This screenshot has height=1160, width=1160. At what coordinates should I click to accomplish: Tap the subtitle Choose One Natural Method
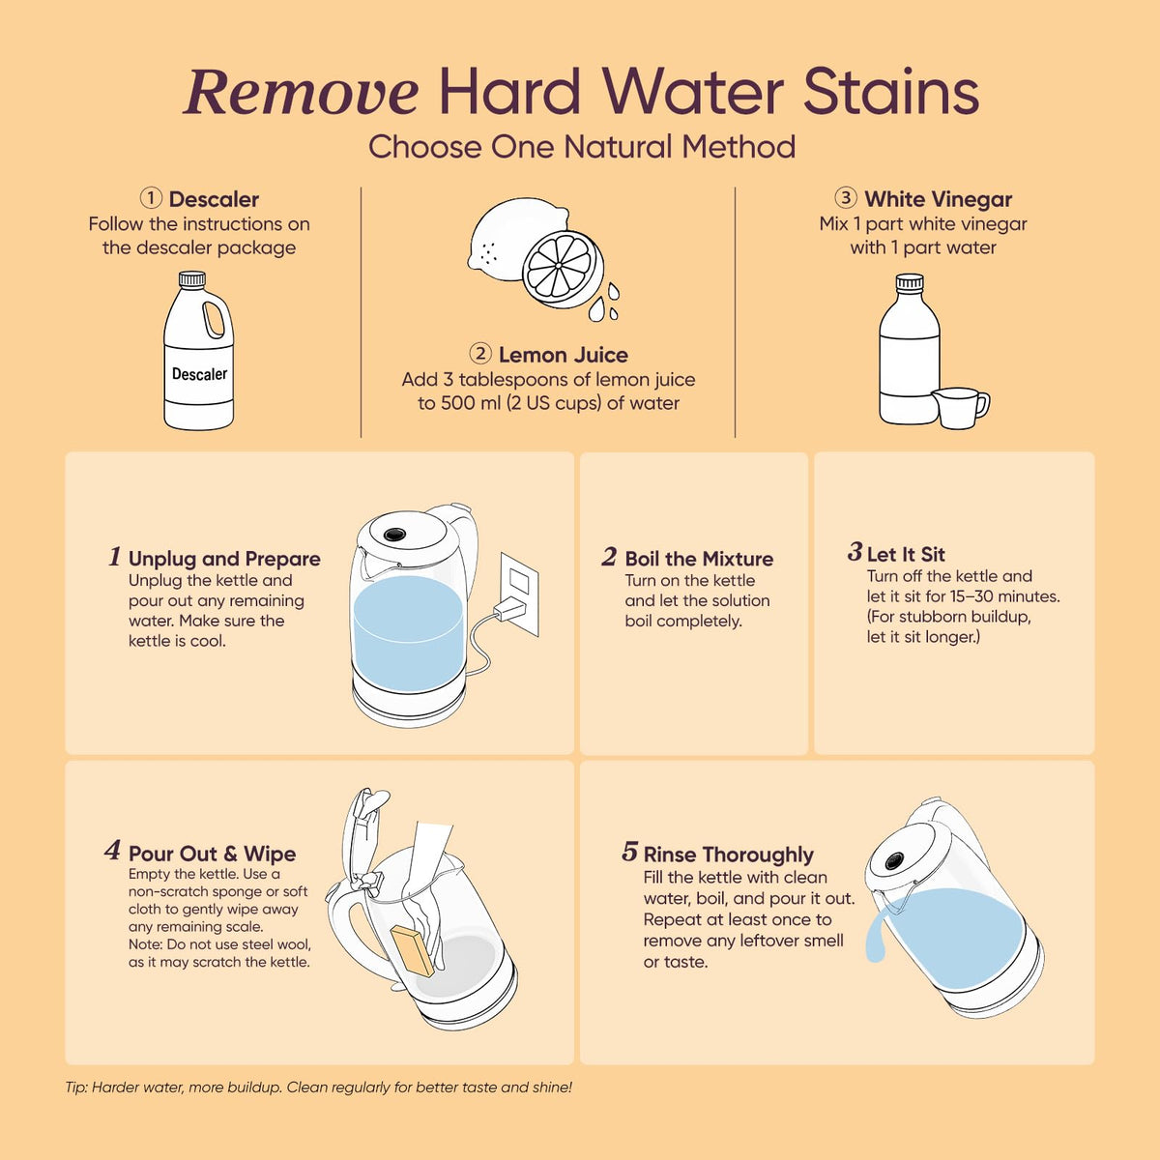(x=582, y=147)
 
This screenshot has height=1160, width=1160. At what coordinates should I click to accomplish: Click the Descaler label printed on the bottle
(x=199, y=374)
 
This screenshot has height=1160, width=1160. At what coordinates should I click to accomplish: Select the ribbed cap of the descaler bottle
(x=192, y=278)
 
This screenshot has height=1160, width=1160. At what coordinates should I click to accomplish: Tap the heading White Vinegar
(x=938, y=199)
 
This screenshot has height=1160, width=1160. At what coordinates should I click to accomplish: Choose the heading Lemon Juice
(x=563, y=355)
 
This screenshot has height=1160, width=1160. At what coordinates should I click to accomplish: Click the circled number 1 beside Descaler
(x=151, y=198)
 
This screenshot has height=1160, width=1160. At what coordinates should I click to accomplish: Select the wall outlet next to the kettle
(x=519, y=594)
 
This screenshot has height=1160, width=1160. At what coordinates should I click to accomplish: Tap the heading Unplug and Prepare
(x=224, y=559)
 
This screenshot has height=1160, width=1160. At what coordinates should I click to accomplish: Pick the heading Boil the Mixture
(x=699, y=559)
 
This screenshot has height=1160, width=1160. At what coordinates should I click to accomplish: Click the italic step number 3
(x=855, y=551)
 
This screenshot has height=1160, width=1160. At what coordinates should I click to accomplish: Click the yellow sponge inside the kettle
(x=412, y=952)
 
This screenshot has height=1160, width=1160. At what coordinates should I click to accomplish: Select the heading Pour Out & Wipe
(x=212, y=854)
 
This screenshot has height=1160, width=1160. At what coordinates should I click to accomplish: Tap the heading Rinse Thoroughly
(x=729, y=855)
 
